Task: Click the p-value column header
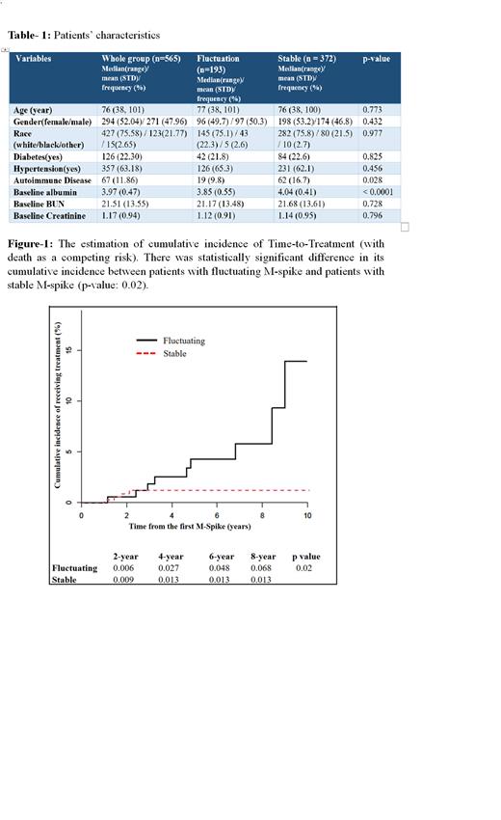click(x=375, y=58)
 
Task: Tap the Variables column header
click(x=34, y=58)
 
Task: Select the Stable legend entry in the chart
click(x=174, y=354)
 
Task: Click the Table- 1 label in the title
click(x=28, y=35)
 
